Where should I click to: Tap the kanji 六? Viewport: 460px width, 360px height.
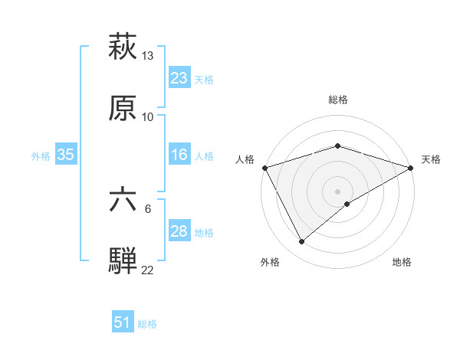click(x=123, y=201)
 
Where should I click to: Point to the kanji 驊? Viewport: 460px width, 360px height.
click(x=123, y=260)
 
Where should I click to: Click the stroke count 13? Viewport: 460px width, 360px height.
click(x=147, y=56)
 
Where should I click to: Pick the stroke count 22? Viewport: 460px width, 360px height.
click(x=147, y=270)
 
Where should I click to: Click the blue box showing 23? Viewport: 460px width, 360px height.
click(x=179, y=77)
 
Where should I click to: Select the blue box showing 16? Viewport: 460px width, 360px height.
click(x=179, y=155)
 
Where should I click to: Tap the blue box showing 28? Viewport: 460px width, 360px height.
click(x=179, y=231)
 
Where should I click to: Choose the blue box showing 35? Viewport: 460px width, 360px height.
click(x=66, y=155)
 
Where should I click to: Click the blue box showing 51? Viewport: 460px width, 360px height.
click(x=123, y=322)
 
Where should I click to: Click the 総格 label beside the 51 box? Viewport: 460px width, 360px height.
click(x=147, y=324)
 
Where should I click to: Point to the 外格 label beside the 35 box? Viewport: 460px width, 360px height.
click(x=41, y=156)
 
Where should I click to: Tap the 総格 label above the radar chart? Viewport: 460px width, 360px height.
click(x=338, y=100)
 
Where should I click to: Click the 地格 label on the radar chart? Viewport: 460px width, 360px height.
click(x=402, y=263)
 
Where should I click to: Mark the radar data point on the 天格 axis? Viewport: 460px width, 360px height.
click(x=411, y=168)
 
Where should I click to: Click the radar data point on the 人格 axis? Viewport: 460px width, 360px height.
click(x=264, y=168)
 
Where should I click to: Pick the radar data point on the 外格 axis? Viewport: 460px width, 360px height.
click(x=301, y=241)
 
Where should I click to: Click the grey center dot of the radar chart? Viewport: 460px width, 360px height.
click(x=338, y=191)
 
